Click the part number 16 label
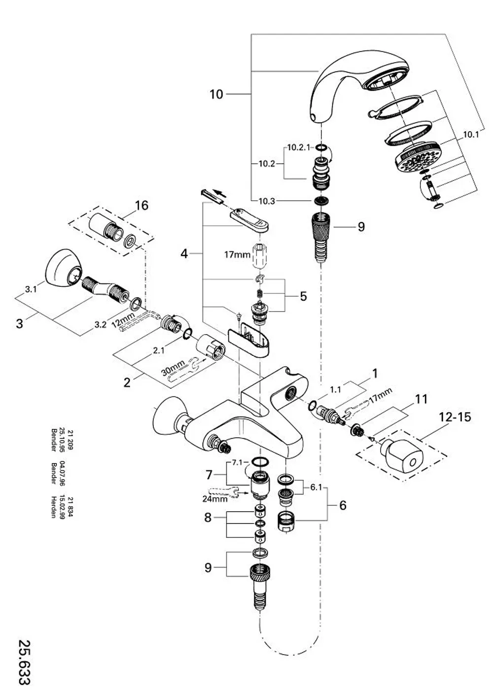click(141, 206)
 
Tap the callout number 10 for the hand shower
click(216, 94)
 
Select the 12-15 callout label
click(455, 417)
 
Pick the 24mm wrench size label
click(215, 498)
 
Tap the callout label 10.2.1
click(298, 147)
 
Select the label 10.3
click(267, 201)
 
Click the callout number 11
click(421, 399)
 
